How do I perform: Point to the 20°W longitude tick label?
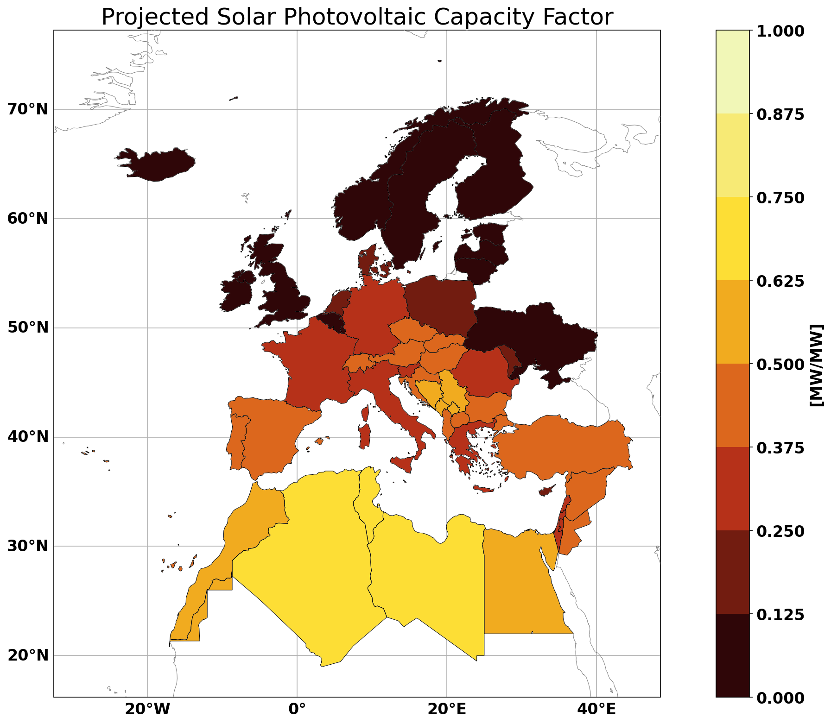tap(146, 710)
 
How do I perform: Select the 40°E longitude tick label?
tap(596, 710)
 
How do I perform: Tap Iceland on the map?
tap(155, 165)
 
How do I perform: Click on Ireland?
tap(237, 291)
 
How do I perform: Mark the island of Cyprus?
tap(547, 491)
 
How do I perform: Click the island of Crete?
tap(483, 489)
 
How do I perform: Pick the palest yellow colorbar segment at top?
tap(732, 72)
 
